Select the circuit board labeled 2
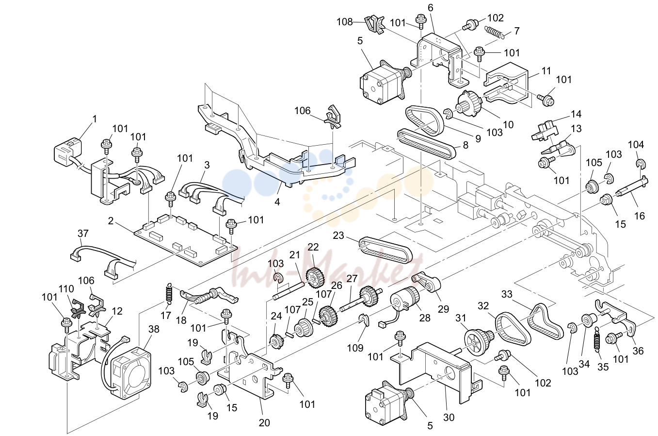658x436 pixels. coord(186,241)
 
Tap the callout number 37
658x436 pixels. coord(83,234)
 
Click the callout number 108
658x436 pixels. coord(345,22)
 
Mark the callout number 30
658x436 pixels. coord(449,417)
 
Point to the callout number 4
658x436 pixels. coord(277,202)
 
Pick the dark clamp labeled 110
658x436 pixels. coord(78,309)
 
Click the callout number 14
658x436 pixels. coord(576,114)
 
